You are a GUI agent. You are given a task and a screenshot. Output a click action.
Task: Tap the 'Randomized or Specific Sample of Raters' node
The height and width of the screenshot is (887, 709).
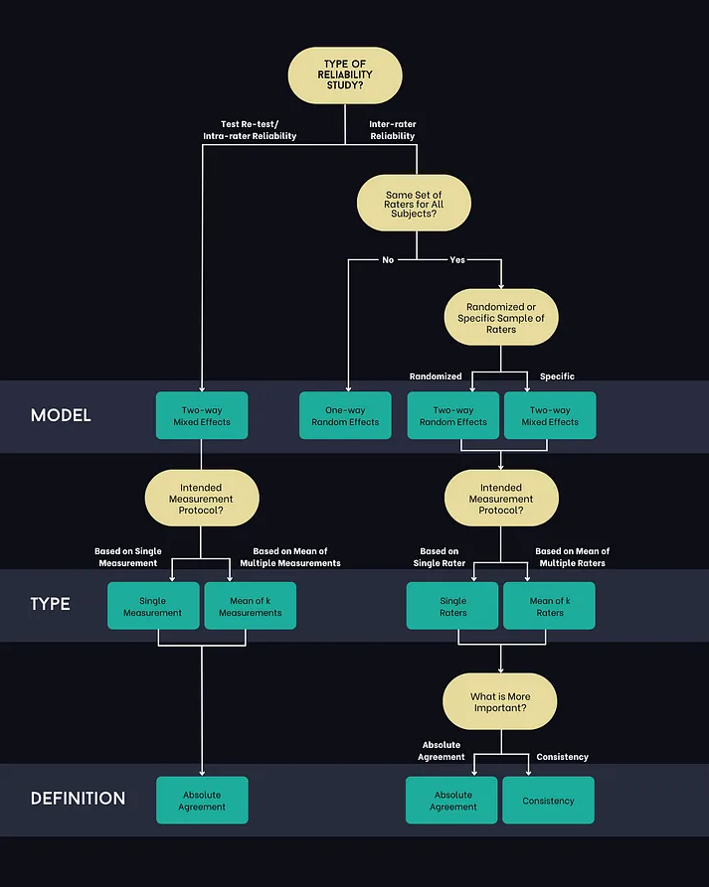pyautogui.click(x=500, y=318)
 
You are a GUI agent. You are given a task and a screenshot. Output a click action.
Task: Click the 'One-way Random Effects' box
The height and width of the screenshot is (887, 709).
pyautogui.click(x=345, y=415)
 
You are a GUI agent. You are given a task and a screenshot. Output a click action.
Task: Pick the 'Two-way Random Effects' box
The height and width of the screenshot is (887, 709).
pyautogui.click(x=453, y=415)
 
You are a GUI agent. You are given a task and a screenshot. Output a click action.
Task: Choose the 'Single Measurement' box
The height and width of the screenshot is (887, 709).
pyautogui.click(x=153, y=606)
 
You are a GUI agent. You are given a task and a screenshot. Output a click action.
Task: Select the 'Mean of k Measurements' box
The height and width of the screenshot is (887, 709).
pyautogui.click(x=251, y=606)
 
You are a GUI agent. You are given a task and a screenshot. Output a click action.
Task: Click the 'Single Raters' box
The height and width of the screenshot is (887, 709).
pyautogui.click(x=453, y=606)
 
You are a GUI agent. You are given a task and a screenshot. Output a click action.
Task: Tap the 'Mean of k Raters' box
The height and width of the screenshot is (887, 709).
pyautogui.click(x=549, y=606)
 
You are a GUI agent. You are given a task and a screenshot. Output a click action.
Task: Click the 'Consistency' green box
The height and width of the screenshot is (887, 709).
pyautogui.click(x=548, y=801)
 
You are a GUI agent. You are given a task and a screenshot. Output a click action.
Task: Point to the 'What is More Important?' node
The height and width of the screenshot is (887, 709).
pyautogui.click(x=500, y=702)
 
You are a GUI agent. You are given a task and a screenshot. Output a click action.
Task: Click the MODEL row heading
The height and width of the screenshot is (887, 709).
pyautogui.click(x=61, y=415)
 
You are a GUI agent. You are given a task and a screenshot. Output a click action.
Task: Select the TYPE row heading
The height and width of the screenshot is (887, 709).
pyautogui.click(x=50, y=604)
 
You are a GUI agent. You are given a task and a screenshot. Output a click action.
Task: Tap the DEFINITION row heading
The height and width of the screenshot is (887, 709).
pyautogui.click(x=78, y=799)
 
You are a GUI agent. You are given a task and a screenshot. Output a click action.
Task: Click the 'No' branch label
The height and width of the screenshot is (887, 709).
pyautogui.click(x=388, y=260)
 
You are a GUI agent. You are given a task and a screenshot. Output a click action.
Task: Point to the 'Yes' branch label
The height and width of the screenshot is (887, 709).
pyautogui.click(x=457, y=260)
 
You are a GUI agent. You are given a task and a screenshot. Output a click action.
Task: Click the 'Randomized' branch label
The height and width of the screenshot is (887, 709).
pyautogui.click(x=436, y=376)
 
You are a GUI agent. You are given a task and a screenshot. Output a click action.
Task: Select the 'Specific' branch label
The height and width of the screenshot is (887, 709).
pyautogui.click(x=557, y=376)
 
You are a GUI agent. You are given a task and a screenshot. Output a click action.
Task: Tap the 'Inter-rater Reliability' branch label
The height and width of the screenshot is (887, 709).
pyautogui.click(x=393, y=130)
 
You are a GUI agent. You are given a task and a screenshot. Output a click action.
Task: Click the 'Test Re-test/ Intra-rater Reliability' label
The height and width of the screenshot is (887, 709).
pyautogui.click(x=258, y=130)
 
